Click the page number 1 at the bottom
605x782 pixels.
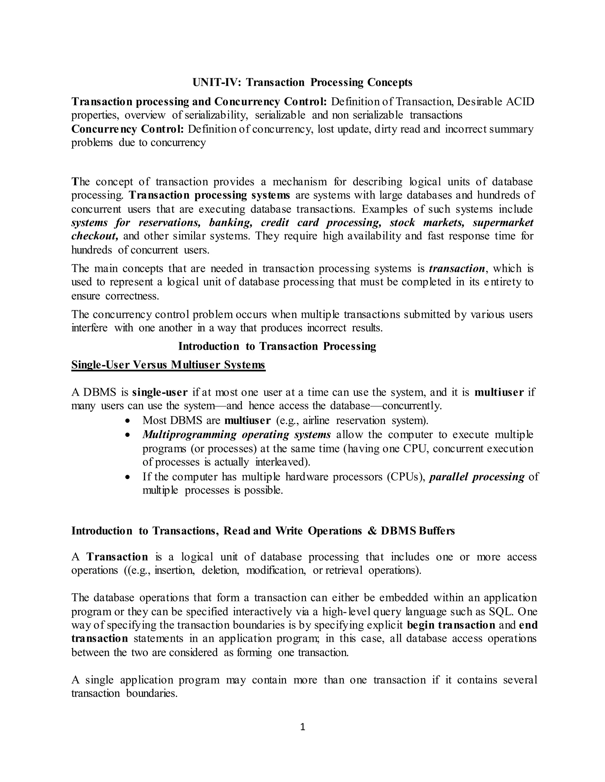(302, 727)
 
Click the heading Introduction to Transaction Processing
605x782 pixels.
(277, 346)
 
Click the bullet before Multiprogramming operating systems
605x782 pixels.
(128, 435)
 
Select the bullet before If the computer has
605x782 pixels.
(128, 477)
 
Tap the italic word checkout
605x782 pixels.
(95, 236)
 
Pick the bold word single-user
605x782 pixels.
(160, 392)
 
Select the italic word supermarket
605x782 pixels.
(503, 223)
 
